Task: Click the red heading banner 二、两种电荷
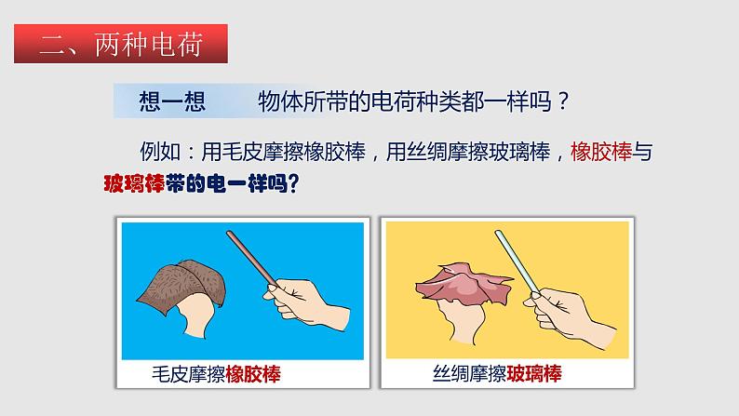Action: click(121, 44)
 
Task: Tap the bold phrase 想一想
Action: click(172, 101)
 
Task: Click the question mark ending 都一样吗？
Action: click(563, 101)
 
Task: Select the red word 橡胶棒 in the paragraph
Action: click(601, 152)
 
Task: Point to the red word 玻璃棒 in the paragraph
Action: click(134, 182)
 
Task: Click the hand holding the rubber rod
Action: click(306, 304)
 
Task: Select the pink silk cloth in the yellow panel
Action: click(464, 284)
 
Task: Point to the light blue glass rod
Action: click(517, 262)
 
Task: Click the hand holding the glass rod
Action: click(571, 316)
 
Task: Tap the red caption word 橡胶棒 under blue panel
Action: click(253, 374)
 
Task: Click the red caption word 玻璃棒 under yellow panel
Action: click(534, 373)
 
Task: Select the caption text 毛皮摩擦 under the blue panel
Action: click(189, 374)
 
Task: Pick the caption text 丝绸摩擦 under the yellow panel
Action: click(469, 373)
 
